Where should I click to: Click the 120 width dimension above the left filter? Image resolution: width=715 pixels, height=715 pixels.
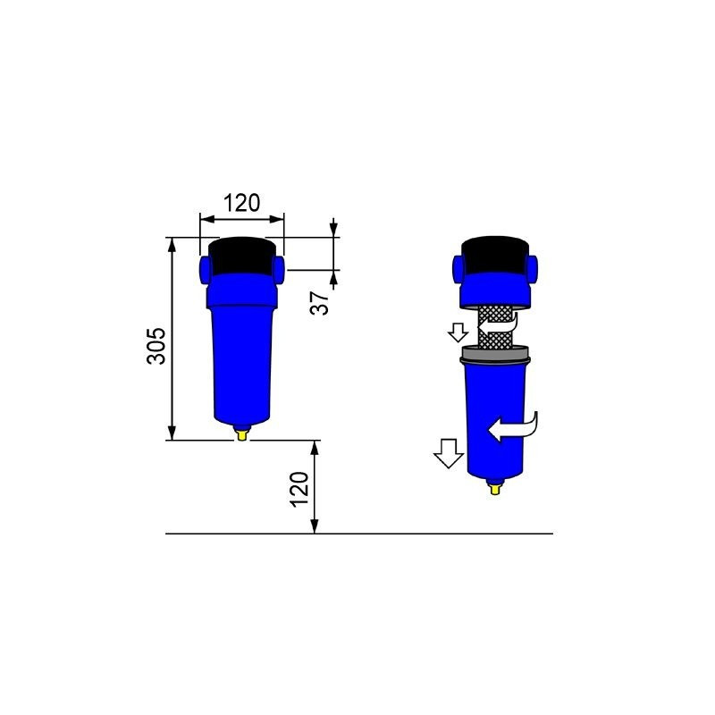pos(241,203)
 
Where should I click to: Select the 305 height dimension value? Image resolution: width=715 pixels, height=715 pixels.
pos(156,344)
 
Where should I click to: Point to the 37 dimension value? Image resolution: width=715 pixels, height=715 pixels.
pos(319,302)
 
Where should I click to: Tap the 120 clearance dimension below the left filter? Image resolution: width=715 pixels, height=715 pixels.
pos(299,489)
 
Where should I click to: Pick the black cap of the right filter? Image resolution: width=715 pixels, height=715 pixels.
pos(498,255)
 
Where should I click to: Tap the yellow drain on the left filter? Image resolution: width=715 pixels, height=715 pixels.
pos(240,434)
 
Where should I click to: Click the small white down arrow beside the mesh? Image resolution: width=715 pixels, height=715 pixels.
pos(458,332)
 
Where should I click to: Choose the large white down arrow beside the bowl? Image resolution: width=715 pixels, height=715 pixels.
pos(446,454)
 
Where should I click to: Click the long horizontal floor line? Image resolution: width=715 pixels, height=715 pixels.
pos(402,534)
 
